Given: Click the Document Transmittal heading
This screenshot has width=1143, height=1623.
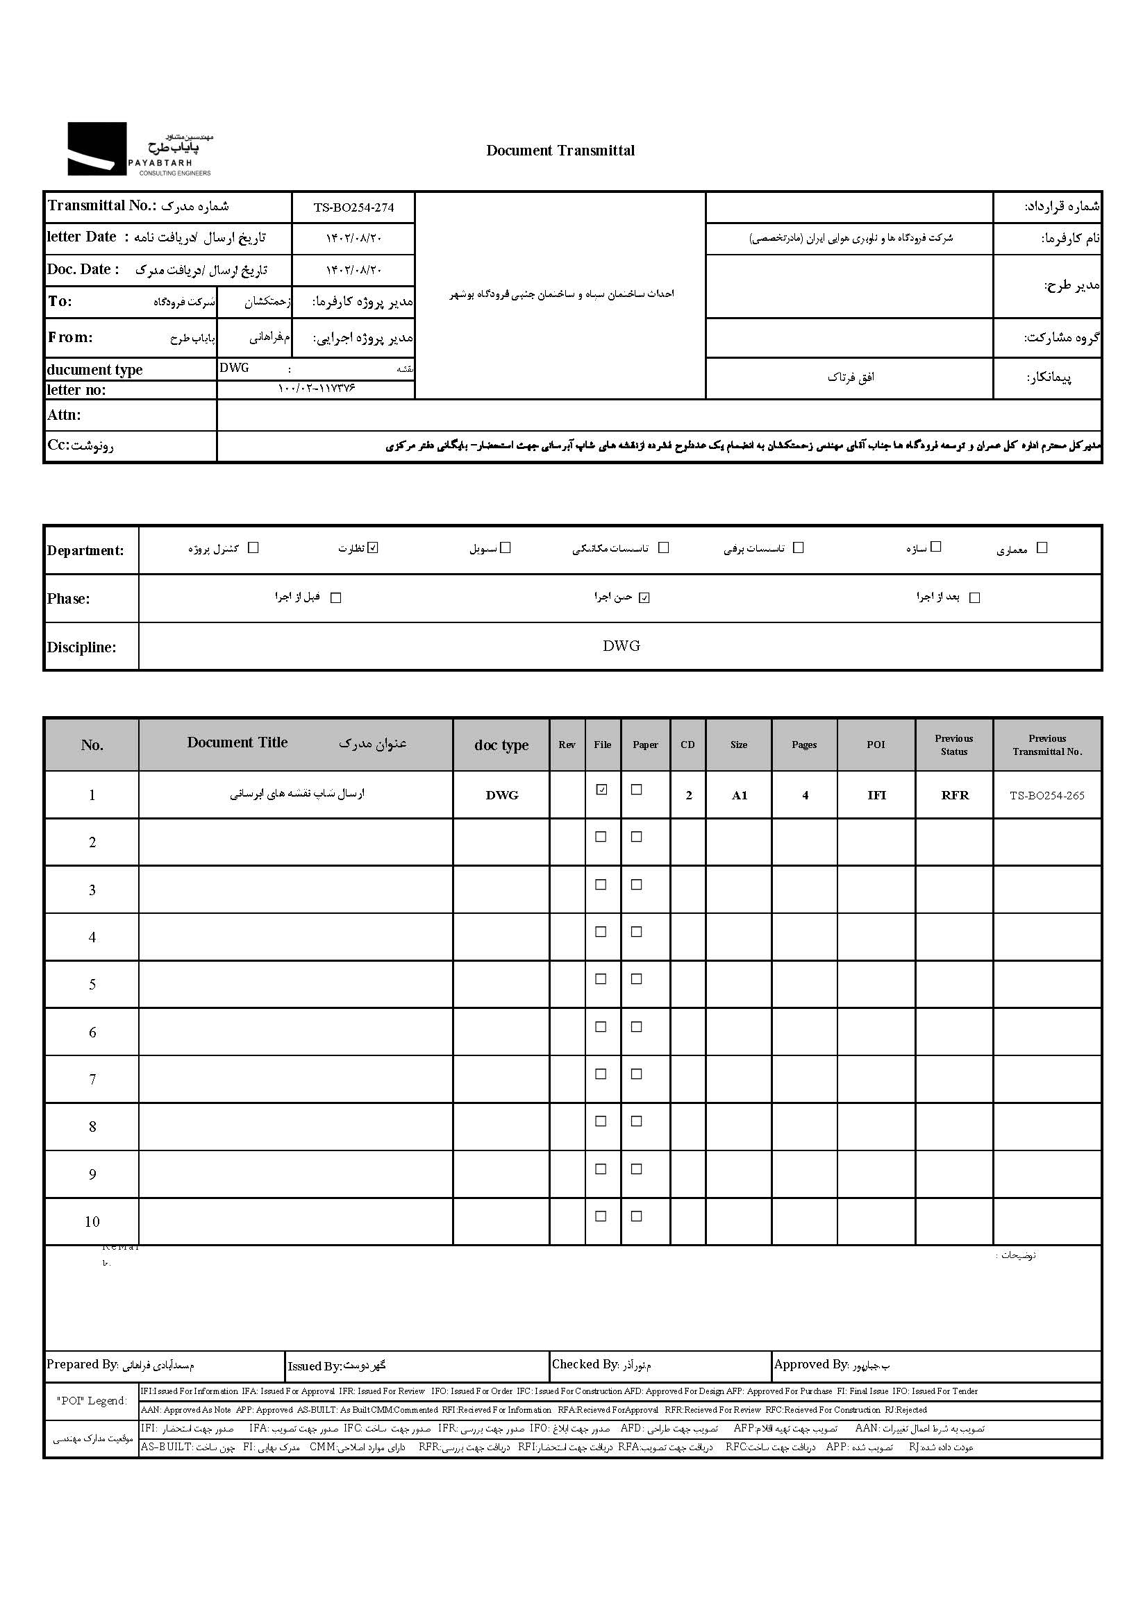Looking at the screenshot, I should (560, 151).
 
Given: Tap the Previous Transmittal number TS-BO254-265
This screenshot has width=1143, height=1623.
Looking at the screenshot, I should (1046, 795).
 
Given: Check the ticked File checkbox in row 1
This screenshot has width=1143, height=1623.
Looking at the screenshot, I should (602, 790).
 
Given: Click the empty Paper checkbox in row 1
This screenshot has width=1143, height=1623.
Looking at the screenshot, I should (637, 790).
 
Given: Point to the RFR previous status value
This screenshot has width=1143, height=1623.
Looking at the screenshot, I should (954, 795).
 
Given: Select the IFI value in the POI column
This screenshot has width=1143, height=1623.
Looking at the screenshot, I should (876, 795).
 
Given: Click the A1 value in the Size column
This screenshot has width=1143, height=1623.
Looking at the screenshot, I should (739, 795).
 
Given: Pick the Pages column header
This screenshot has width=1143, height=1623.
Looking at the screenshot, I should (804, 745).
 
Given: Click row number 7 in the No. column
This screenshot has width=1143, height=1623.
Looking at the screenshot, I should (92, 1080).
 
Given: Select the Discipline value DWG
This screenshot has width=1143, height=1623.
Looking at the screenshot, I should (621, 646).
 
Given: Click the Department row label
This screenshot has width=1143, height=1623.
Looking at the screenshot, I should (85, 551).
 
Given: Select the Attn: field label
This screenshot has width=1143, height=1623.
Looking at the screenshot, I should (65, 415).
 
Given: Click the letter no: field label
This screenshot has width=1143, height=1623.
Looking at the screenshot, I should (76, 390).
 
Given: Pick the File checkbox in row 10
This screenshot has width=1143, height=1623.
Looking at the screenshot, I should (601, 1216).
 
